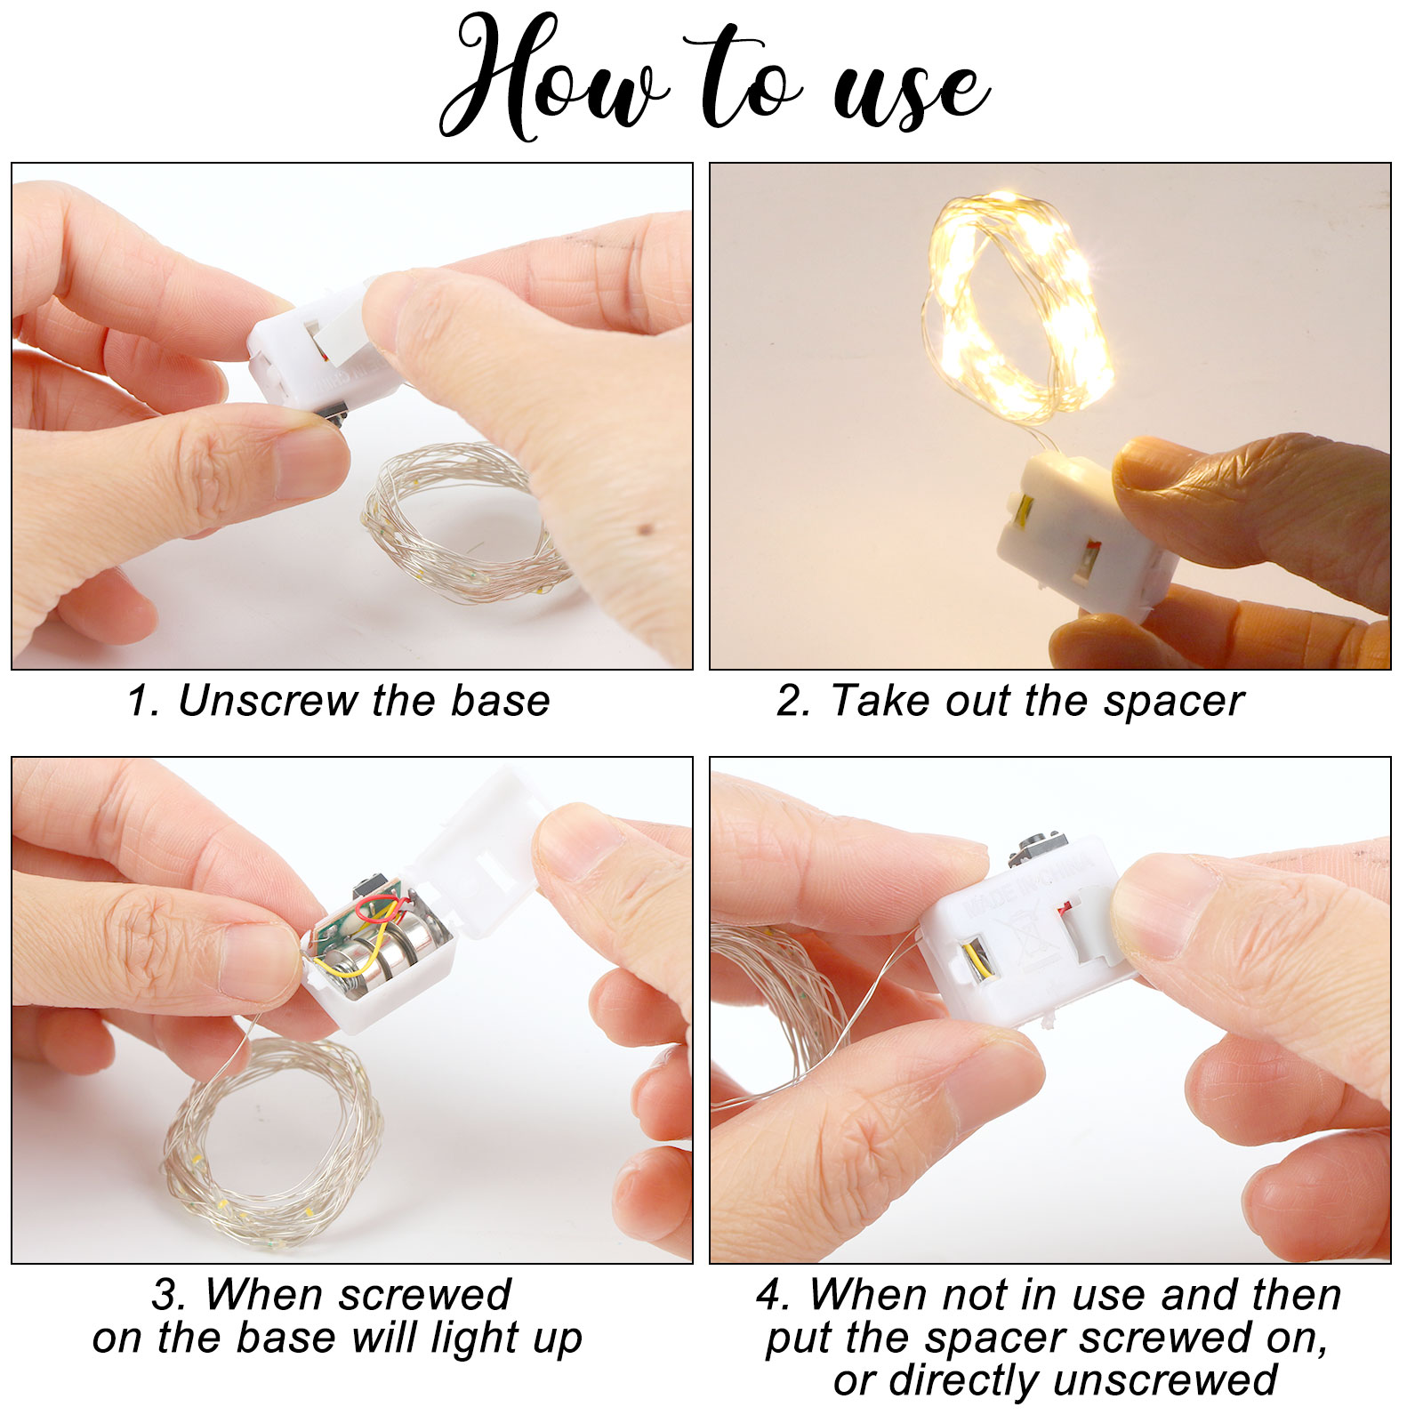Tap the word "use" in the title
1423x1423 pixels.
[911, 92]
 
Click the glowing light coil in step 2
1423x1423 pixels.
[1018, 307]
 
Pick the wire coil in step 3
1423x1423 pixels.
[271, 1138]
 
